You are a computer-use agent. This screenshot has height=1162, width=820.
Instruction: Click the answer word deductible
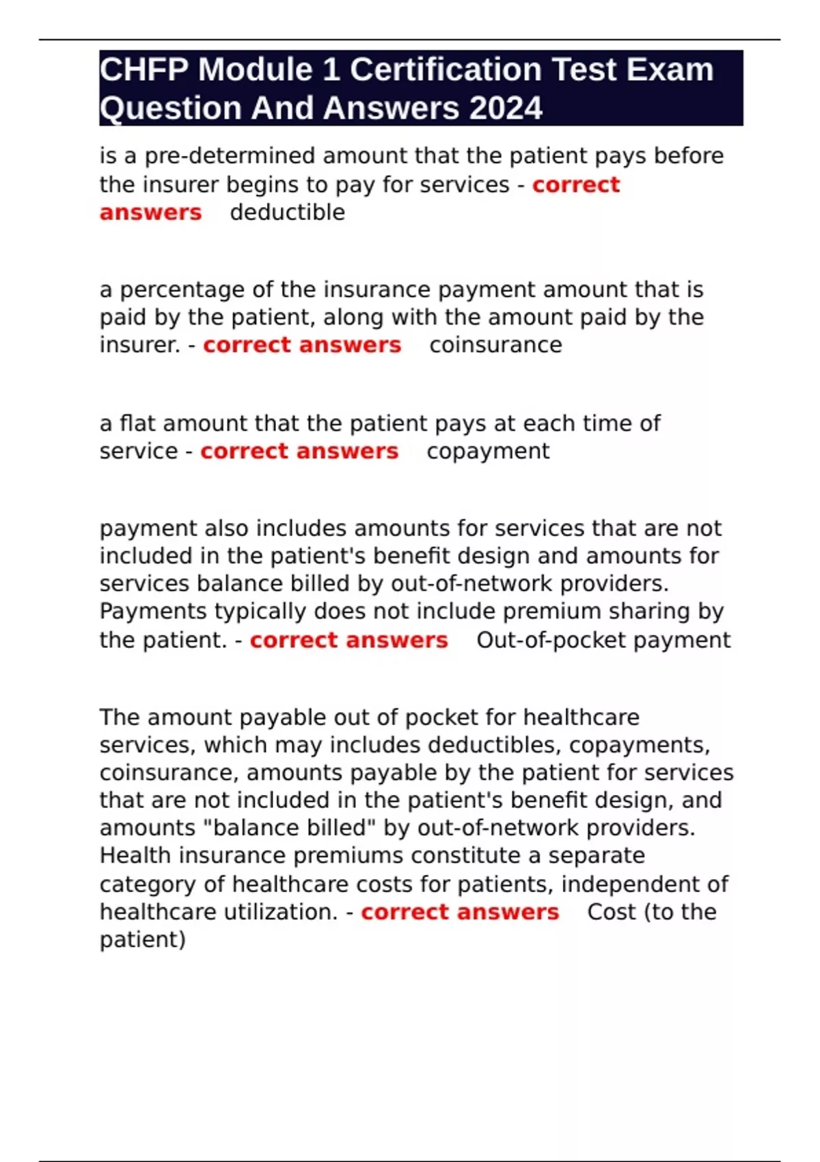(288, 213)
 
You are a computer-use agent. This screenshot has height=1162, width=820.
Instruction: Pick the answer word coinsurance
(495, 345)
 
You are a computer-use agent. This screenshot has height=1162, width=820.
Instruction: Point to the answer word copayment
(488, 451)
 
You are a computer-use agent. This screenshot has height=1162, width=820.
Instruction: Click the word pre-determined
(230, 156)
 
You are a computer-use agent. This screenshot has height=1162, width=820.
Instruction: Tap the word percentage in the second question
(182, 290)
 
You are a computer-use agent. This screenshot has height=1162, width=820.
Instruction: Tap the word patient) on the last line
(143, 940)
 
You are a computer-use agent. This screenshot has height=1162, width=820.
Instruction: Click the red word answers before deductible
(151, 213)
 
